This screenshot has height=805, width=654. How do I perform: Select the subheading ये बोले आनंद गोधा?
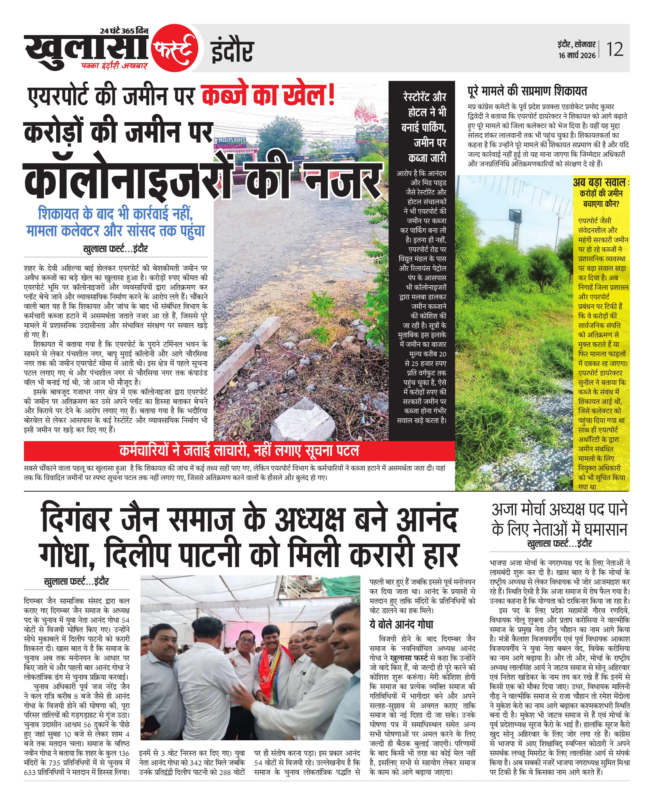(x=401, y=624)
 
